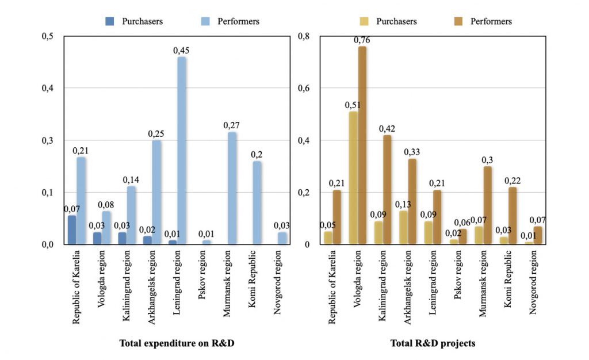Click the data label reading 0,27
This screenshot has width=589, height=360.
point(232,125)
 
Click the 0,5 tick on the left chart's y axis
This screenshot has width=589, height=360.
point(48,36)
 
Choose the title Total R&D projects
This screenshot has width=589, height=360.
point(433,343)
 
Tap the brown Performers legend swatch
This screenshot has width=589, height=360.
point(459,21)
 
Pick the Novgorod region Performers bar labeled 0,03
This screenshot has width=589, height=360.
point(282,238)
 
